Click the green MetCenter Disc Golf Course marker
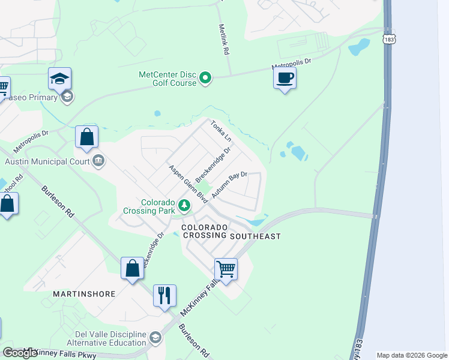click(x=205, y=78)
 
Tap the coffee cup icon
click(x=285, y=78)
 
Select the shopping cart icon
click(x=226, y=269)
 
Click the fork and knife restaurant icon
click(x=164, y=296)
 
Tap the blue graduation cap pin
click(x=60, y=79)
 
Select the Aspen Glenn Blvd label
click(x=188, y=183)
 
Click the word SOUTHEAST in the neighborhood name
click(x=256, y=236)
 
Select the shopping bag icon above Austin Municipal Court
click(x=86, y=137)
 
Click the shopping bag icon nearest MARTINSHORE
click(x=132, y=268)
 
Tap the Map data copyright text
click(x=412, y=355)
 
